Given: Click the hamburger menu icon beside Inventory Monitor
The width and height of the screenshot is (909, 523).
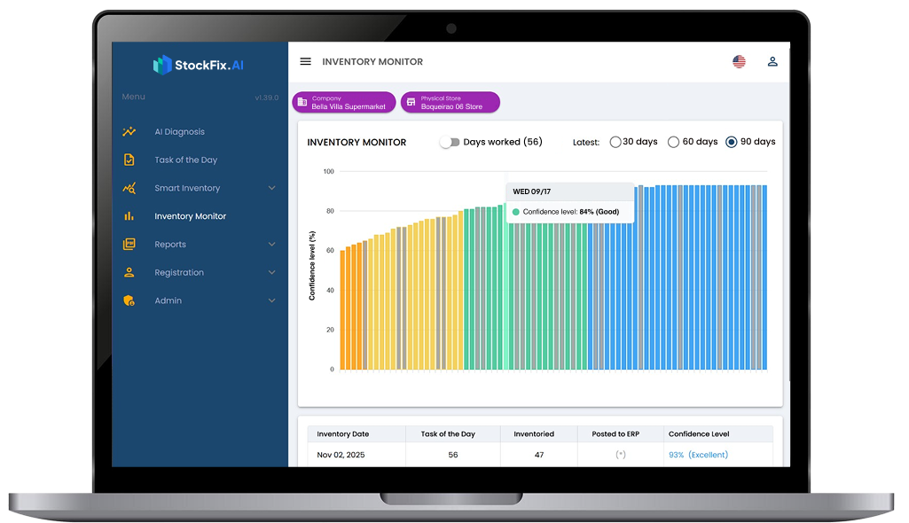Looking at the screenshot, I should [306, 62].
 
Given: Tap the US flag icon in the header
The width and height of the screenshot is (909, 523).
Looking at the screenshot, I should [739, 62].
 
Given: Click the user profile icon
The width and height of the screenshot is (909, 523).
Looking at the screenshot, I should [772, 62].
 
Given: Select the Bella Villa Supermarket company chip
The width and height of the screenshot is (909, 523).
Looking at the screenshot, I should [343, 103].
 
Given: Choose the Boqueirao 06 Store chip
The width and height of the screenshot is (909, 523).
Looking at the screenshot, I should [450, 103].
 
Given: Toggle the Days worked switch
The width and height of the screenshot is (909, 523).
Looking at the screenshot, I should [451, 142].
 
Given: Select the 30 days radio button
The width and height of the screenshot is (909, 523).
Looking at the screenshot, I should [615, 142].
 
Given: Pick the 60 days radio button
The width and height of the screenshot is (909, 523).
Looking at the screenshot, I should [673, 142].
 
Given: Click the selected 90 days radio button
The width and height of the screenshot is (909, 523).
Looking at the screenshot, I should [732, 142].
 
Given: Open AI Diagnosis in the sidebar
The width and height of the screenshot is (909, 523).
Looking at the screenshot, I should [179, 132].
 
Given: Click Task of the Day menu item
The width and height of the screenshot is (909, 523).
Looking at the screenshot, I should [185, 160].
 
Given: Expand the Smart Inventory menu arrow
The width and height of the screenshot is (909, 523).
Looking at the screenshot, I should [271, 188].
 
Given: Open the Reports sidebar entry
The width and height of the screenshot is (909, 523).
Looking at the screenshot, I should [170, 245].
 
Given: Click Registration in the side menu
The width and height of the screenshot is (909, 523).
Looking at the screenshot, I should [179, 273].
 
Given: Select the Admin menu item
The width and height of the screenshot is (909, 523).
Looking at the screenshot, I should [168, 301].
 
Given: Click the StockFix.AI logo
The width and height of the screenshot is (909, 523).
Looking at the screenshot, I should [199, 65].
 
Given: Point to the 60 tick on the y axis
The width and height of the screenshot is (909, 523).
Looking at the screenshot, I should [329, 251].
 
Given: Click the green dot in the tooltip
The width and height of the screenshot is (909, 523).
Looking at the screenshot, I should [516, 212].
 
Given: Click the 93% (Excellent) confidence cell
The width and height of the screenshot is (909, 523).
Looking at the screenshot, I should [698, 455].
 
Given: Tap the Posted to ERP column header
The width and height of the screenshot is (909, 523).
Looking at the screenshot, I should [615, 434].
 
